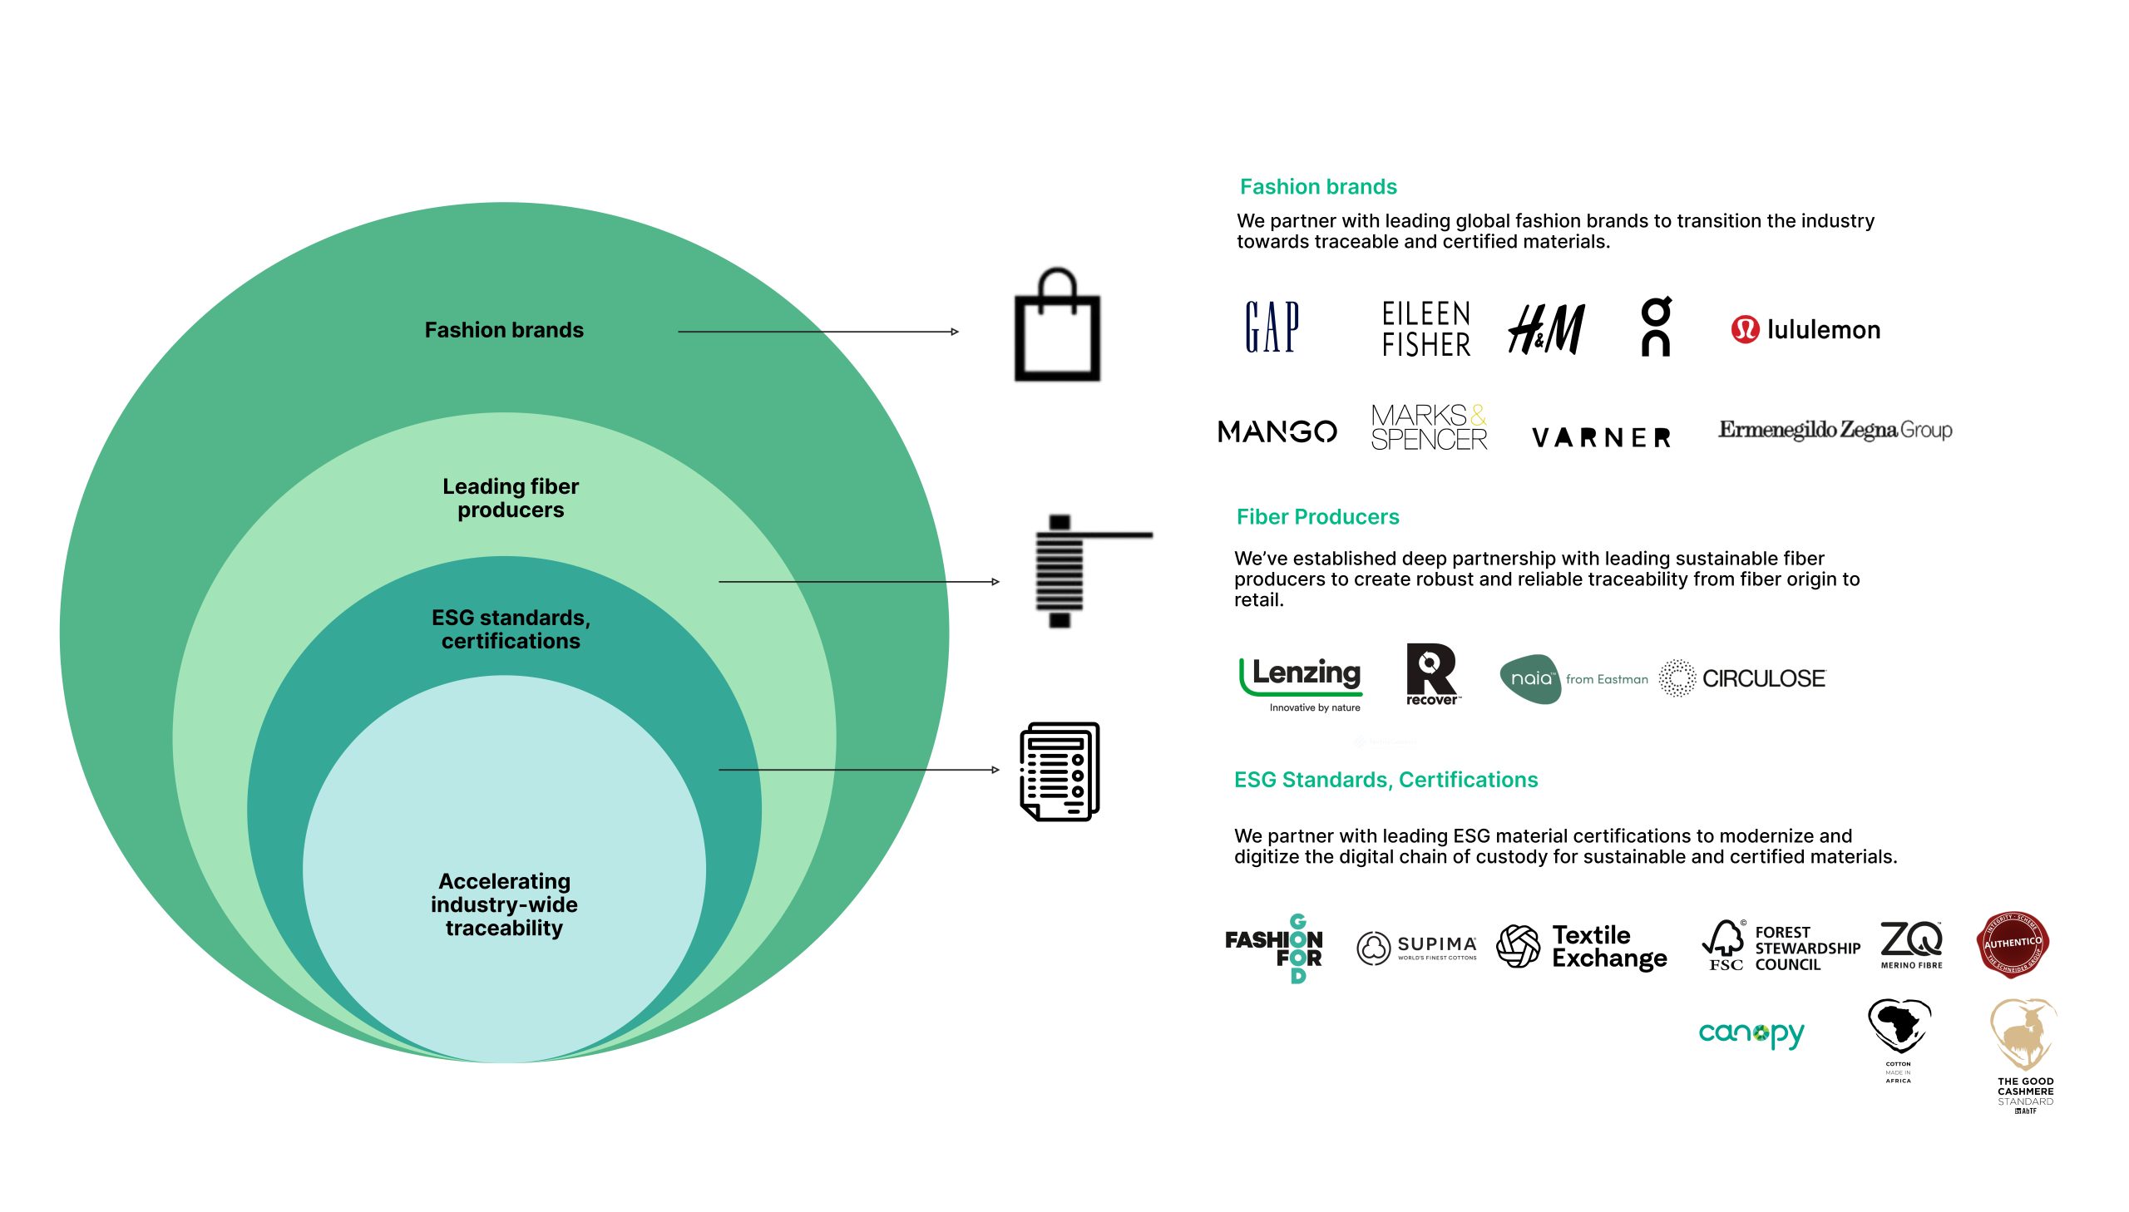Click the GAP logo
click(1272, 328)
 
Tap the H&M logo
click(1546, 329)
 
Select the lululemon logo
click(1805, 330)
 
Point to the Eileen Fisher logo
click(1425, 329)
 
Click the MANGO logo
click(1277, 431)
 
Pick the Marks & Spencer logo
click(1428, 428)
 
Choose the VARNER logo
click(1600, 437)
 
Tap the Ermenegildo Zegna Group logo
click(1835, 430)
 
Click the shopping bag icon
click(1056, 327)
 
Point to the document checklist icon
click(1059, 771)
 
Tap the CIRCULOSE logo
click(1741, 678)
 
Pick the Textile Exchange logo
click(1582, 947)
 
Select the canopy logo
click(1751, 1033)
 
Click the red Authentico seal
click(2012, 944)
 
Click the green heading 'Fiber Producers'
click(1317, 517)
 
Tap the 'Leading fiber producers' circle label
click(511, 498)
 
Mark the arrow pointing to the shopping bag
click(818, 332)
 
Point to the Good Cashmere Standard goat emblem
click(2024, 1037)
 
